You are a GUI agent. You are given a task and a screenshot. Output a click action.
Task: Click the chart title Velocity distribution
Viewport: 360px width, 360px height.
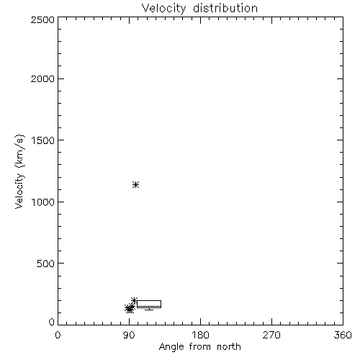[x=199, y=9]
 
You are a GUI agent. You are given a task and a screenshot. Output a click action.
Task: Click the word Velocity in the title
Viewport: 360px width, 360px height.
[x=164, y=9]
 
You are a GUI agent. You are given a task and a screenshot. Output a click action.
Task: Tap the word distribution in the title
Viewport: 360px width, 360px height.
[x=225, y=8]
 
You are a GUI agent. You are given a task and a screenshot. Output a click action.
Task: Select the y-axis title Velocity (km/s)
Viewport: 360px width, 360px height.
[x=19, y=171]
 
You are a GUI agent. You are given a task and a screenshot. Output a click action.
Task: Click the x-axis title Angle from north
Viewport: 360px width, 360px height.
[x=200, y=347]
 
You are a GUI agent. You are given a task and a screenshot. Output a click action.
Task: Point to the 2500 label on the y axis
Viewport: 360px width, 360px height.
[x=42, y=19]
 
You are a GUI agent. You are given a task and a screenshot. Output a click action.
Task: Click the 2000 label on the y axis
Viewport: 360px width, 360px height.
[x=42, y=78]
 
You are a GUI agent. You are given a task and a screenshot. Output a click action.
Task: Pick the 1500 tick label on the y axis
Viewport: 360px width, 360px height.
[x=43, y=140]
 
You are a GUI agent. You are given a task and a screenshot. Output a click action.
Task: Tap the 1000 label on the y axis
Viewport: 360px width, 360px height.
[x=43, y=202]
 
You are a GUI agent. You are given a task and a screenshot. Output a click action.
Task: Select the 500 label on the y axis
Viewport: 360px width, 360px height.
[x=46, y=264]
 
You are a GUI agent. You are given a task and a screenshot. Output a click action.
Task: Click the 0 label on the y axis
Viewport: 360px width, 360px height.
[x=52, y=322]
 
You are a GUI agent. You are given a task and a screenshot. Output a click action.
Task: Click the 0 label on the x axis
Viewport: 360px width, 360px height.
[x=58, y=335]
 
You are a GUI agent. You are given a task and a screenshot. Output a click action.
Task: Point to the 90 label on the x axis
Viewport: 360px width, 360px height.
[x=129, y=335]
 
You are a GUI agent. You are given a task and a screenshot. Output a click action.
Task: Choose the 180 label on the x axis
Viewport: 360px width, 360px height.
[x=200, y=335]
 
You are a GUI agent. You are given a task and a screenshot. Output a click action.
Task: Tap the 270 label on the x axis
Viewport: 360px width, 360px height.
[x=271, y=335]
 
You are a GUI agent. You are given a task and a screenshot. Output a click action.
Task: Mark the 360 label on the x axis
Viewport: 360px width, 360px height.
[x=343, y=335]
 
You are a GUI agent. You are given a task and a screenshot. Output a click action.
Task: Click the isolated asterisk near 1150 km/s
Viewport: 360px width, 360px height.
[x=136, y=184]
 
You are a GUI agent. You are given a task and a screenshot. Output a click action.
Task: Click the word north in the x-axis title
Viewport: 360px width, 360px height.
[x=229, y=347]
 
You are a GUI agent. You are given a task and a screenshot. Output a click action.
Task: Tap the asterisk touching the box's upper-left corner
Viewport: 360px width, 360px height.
[x=134, y=300]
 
